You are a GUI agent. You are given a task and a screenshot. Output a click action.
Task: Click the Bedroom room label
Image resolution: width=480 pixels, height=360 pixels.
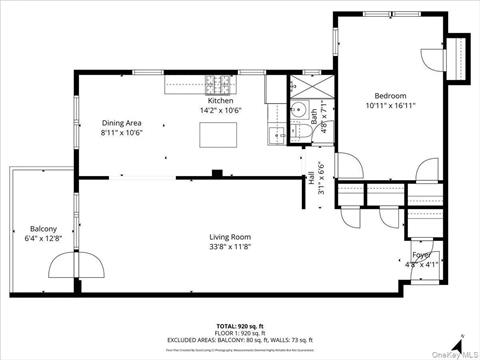point(384,95)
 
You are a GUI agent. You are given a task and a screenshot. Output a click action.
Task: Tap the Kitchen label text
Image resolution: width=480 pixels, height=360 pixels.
point(221,101)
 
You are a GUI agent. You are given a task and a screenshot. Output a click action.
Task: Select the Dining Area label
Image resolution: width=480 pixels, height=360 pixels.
point(122,123)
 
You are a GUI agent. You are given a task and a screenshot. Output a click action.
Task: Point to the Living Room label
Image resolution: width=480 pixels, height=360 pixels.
point(229,236)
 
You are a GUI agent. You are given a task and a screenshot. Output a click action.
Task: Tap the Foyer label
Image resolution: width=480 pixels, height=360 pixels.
point(423,255)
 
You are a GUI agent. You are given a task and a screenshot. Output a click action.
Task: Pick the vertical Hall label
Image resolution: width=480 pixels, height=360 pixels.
point(310,176)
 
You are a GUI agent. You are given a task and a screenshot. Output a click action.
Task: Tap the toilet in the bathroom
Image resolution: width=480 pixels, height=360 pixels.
point(300,112)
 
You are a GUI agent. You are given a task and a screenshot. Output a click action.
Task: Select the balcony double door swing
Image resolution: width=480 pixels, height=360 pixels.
point(77,263)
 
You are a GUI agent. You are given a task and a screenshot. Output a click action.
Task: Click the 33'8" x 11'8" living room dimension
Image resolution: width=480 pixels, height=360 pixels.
point(229,247)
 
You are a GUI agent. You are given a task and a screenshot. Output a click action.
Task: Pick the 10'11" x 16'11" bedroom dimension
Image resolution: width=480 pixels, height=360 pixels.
point(384,105)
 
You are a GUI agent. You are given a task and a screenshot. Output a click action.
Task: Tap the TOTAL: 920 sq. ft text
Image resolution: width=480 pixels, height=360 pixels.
point(240,327)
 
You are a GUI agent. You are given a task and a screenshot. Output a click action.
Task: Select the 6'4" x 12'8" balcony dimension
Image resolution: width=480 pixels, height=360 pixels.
point(43,238)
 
